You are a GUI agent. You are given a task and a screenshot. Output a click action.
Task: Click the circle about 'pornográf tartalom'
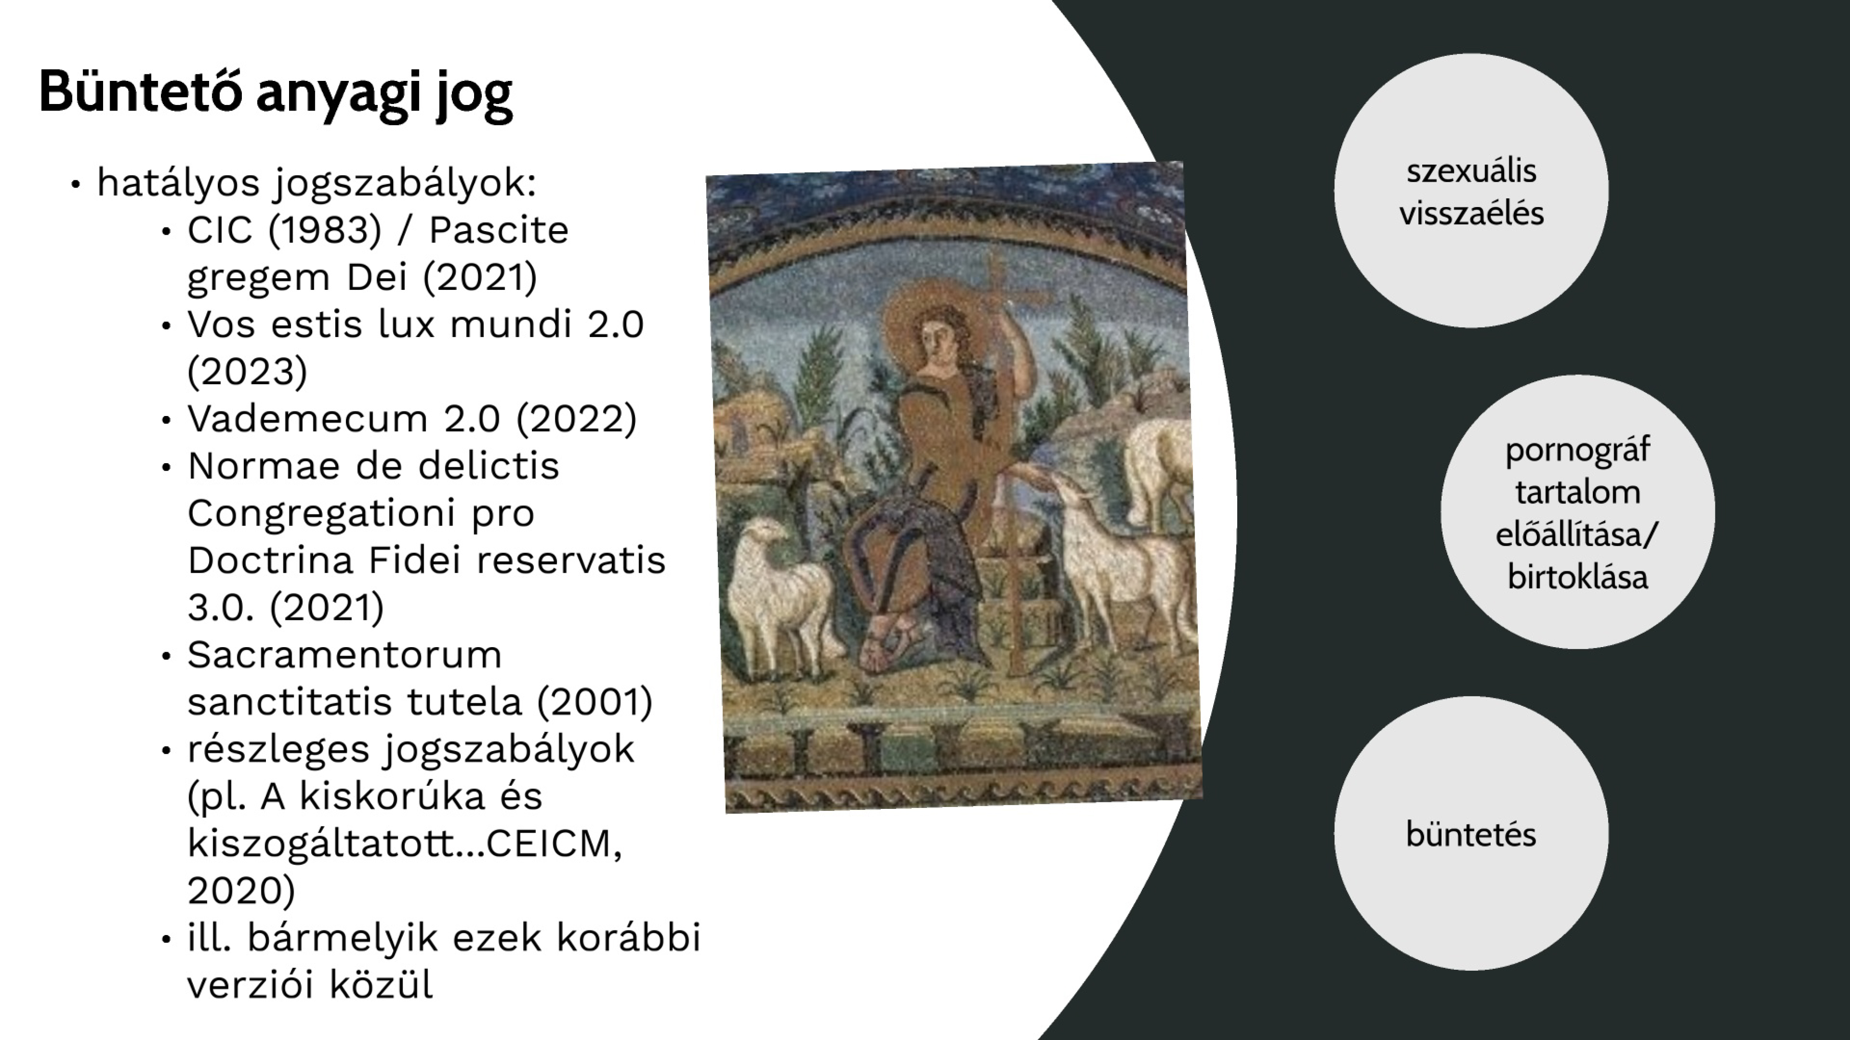coord(1577,512)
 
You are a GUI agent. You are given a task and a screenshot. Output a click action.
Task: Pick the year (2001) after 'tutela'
coord(595,702)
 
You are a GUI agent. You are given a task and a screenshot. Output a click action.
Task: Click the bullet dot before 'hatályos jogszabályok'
coord(75,184)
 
